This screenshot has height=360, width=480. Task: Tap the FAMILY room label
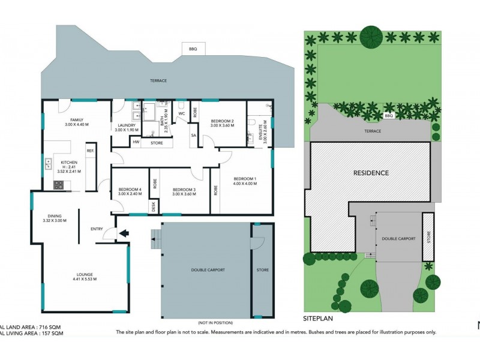coord(76,119)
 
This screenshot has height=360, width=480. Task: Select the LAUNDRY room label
coord(126,125)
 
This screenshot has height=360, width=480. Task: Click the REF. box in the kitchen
coord(90,151)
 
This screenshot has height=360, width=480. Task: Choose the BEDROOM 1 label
coord(245,179)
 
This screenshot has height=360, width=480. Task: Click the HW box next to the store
coord(136,142)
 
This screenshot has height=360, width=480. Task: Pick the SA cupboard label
coord(193,136)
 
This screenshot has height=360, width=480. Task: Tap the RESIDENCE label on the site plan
coord(370,173)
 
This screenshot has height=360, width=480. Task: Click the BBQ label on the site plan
coord(388,116)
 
